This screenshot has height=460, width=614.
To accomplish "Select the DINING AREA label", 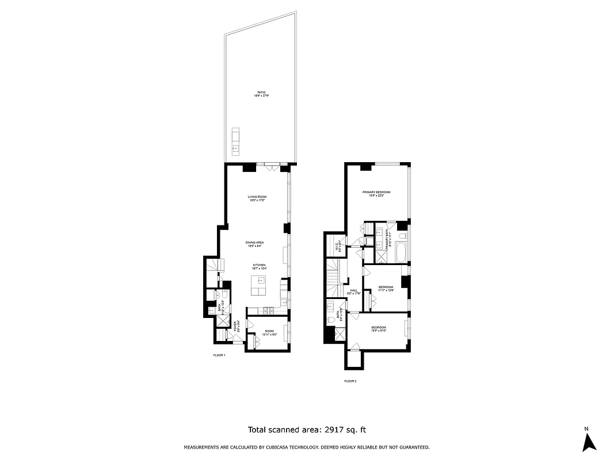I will (x=255, y=244).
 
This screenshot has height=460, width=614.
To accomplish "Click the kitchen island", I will (x=258, y=285).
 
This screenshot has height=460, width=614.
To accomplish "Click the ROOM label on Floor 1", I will (x=268, y=332).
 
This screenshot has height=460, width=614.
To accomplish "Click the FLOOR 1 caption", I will (x=219, y=355).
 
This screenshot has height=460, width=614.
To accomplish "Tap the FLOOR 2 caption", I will (x=350, y=381).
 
